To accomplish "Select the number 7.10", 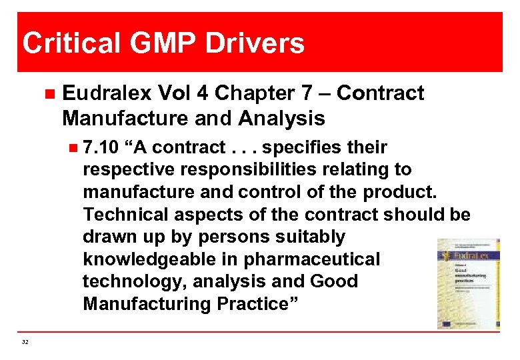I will (100, 147).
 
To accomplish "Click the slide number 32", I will (25, 342).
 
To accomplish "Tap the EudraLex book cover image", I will (467, 283).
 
